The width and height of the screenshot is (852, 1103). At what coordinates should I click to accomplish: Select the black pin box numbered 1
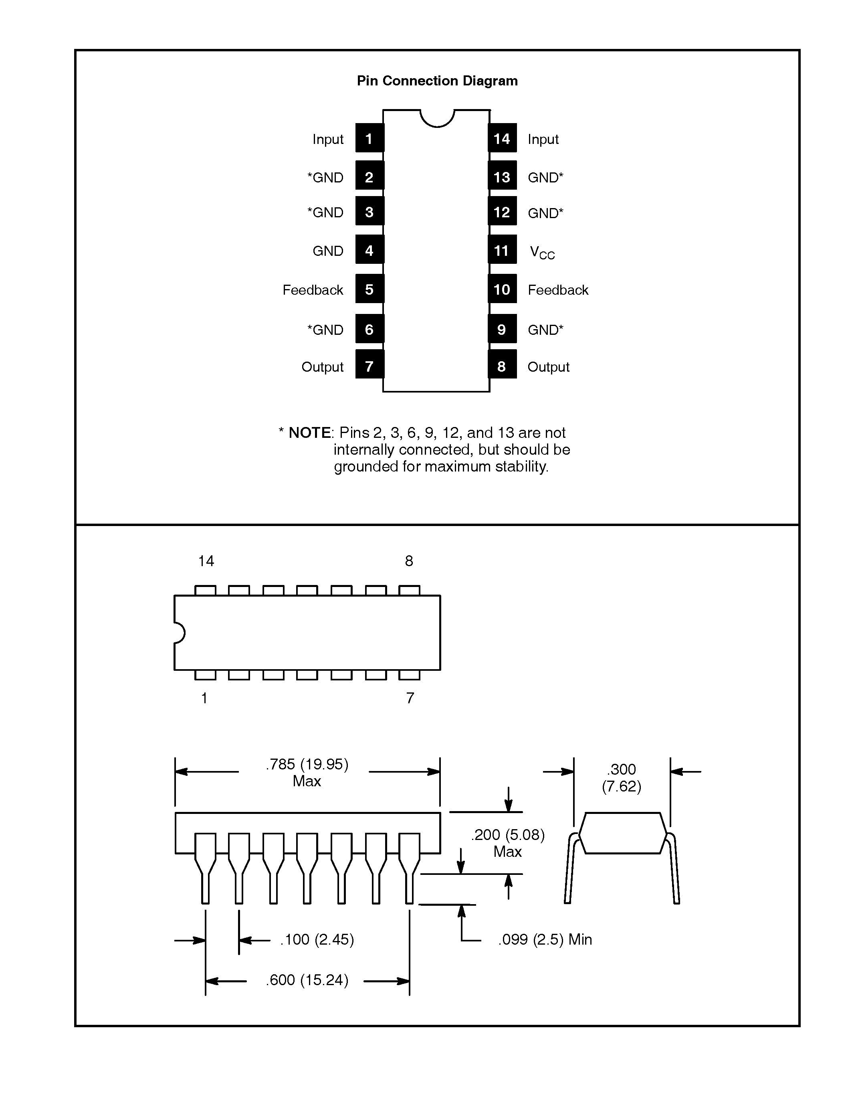(x=369, y=138)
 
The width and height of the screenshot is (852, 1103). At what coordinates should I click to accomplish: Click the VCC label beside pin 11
(x=542, y=252)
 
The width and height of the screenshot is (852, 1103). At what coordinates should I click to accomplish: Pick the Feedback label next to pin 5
(x=313, y=290)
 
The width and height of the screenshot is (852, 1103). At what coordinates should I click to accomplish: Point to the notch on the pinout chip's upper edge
(x=437, y=119)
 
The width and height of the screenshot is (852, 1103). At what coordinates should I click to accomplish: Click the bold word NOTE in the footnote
(x=309, y=433)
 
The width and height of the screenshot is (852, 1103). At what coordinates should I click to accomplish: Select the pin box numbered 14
(x=502, y=138)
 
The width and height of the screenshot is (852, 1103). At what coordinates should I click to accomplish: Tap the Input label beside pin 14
(x=543, y=140)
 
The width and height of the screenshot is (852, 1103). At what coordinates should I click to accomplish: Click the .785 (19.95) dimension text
(x=307, y=764)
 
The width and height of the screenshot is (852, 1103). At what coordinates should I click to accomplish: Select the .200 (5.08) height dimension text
(x=507, y=835)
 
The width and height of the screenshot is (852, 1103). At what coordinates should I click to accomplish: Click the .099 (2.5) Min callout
(x=545, y=939)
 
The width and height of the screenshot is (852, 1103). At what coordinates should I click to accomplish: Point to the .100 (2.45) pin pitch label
(x=317, y=939)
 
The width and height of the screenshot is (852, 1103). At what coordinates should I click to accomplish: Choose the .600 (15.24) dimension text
(x=307, y=980)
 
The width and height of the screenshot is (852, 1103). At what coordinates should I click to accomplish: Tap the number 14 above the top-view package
(x=206, y=561)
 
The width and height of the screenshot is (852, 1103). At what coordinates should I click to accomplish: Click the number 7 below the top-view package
(x=410, y=698)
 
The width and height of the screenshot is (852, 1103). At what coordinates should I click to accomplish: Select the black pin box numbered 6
(x=369, y=329)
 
